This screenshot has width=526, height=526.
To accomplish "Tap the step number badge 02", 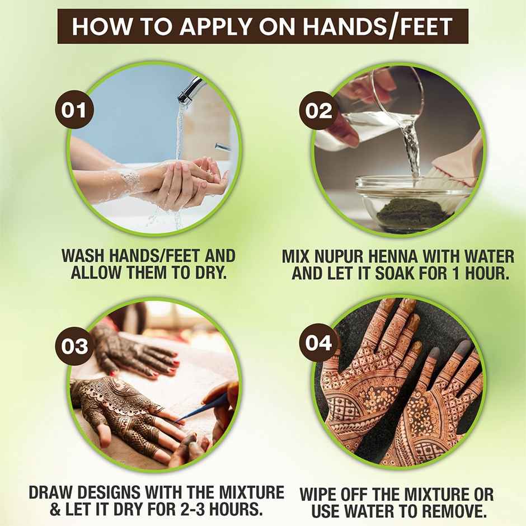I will click(319, 110).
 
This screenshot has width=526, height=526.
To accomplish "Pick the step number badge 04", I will click(319, 342).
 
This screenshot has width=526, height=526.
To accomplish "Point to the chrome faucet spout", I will click(190, 90).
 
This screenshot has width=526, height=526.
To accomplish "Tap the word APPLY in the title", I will click(189, 27).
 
